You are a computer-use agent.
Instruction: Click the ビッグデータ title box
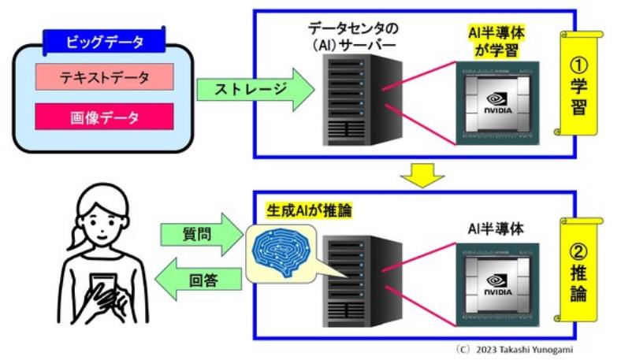point(104,41)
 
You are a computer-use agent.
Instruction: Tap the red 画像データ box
point(104,119)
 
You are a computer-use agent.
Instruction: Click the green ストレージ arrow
point(242,88)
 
